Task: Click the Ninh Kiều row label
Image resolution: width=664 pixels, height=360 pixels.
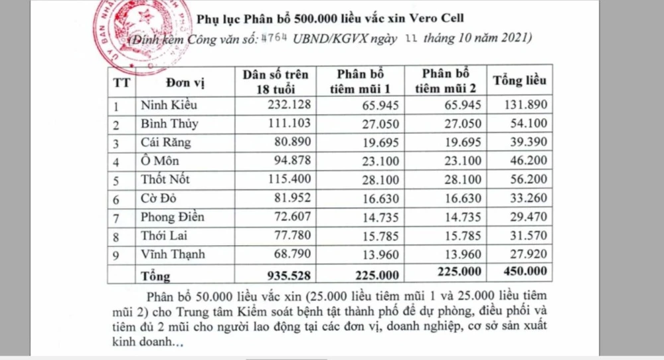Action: tap(169, 105)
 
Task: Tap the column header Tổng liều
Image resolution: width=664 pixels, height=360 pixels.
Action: tap(520, 81)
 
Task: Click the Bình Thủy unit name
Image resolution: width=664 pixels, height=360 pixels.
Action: tap(169, 124)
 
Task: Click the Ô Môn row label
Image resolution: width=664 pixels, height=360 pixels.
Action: tap(160, 161)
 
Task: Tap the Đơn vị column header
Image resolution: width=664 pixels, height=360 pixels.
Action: tap(187, 82)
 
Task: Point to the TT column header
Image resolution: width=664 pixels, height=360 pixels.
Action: tap(122, 82)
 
